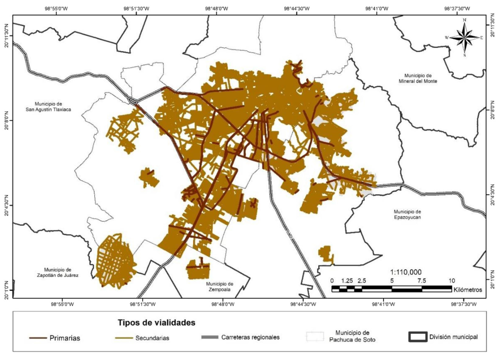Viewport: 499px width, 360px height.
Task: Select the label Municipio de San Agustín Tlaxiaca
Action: point(48,107)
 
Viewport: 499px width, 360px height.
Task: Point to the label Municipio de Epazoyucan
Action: point(407,214)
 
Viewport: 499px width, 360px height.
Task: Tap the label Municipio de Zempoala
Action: point(220,286)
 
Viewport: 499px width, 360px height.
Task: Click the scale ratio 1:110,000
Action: point(406,272)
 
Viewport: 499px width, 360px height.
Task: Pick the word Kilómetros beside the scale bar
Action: point(468,290)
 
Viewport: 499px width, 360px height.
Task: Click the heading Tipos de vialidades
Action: point(156,322)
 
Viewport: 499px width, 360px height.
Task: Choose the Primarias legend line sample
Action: point(38,338)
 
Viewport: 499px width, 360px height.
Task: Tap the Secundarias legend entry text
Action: point(152,338)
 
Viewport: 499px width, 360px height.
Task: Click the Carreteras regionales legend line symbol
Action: point(210,337)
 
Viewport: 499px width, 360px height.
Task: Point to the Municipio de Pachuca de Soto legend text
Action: point(352,336)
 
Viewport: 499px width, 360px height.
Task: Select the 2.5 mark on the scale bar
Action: point(362,281)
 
